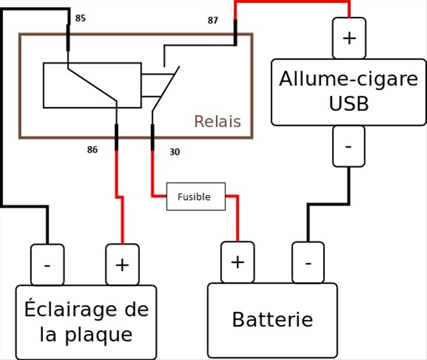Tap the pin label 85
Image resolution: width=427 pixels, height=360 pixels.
pos(80,18)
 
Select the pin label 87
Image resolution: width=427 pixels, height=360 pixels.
pos(213,21)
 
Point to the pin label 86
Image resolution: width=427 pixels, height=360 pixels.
pos(92,150)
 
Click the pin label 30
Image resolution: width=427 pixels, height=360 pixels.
pos(175,152)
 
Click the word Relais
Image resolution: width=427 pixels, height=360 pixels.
pos(217,122)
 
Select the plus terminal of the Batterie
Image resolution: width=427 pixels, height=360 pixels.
pos(238,262)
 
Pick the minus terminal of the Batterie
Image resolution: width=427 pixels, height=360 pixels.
pos(308,262)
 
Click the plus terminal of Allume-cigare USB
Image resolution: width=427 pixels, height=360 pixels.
pos(349,38)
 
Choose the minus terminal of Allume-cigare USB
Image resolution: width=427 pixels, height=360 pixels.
pos(349,146)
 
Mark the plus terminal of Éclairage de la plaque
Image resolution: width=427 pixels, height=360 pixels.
pos(122,265)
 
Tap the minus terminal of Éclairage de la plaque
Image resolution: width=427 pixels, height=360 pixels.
pos(47,265)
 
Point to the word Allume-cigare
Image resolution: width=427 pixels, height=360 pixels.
pos(349,79)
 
